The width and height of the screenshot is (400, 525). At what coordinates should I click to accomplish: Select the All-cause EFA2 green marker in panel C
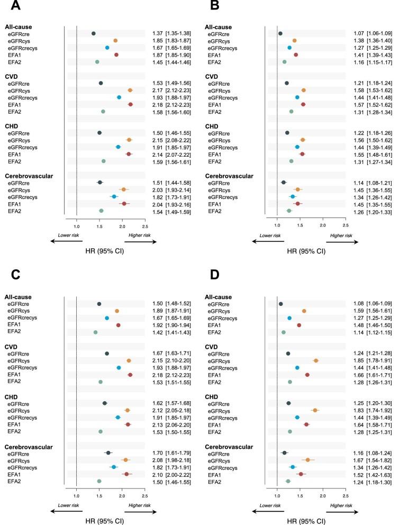pos(95,318)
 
